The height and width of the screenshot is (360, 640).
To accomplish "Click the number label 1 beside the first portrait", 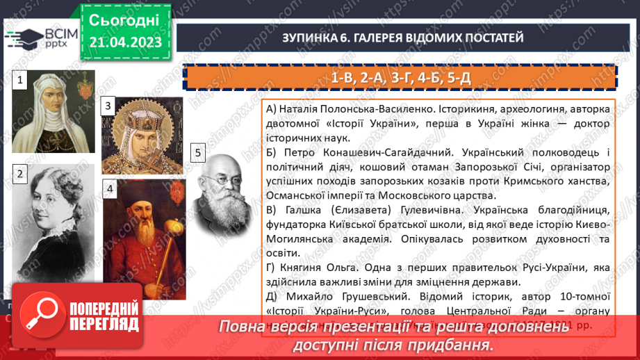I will tap(21, 81).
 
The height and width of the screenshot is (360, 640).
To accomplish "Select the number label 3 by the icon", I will tap(108, 106).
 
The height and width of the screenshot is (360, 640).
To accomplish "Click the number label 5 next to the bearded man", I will tap(198, 154).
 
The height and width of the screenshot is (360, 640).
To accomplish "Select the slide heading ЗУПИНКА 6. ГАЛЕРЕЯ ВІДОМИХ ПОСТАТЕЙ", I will tap(402, 38).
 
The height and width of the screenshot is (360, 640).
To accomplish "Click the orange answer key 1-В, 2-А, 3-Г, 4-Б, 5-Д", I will tap(401, 77).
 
